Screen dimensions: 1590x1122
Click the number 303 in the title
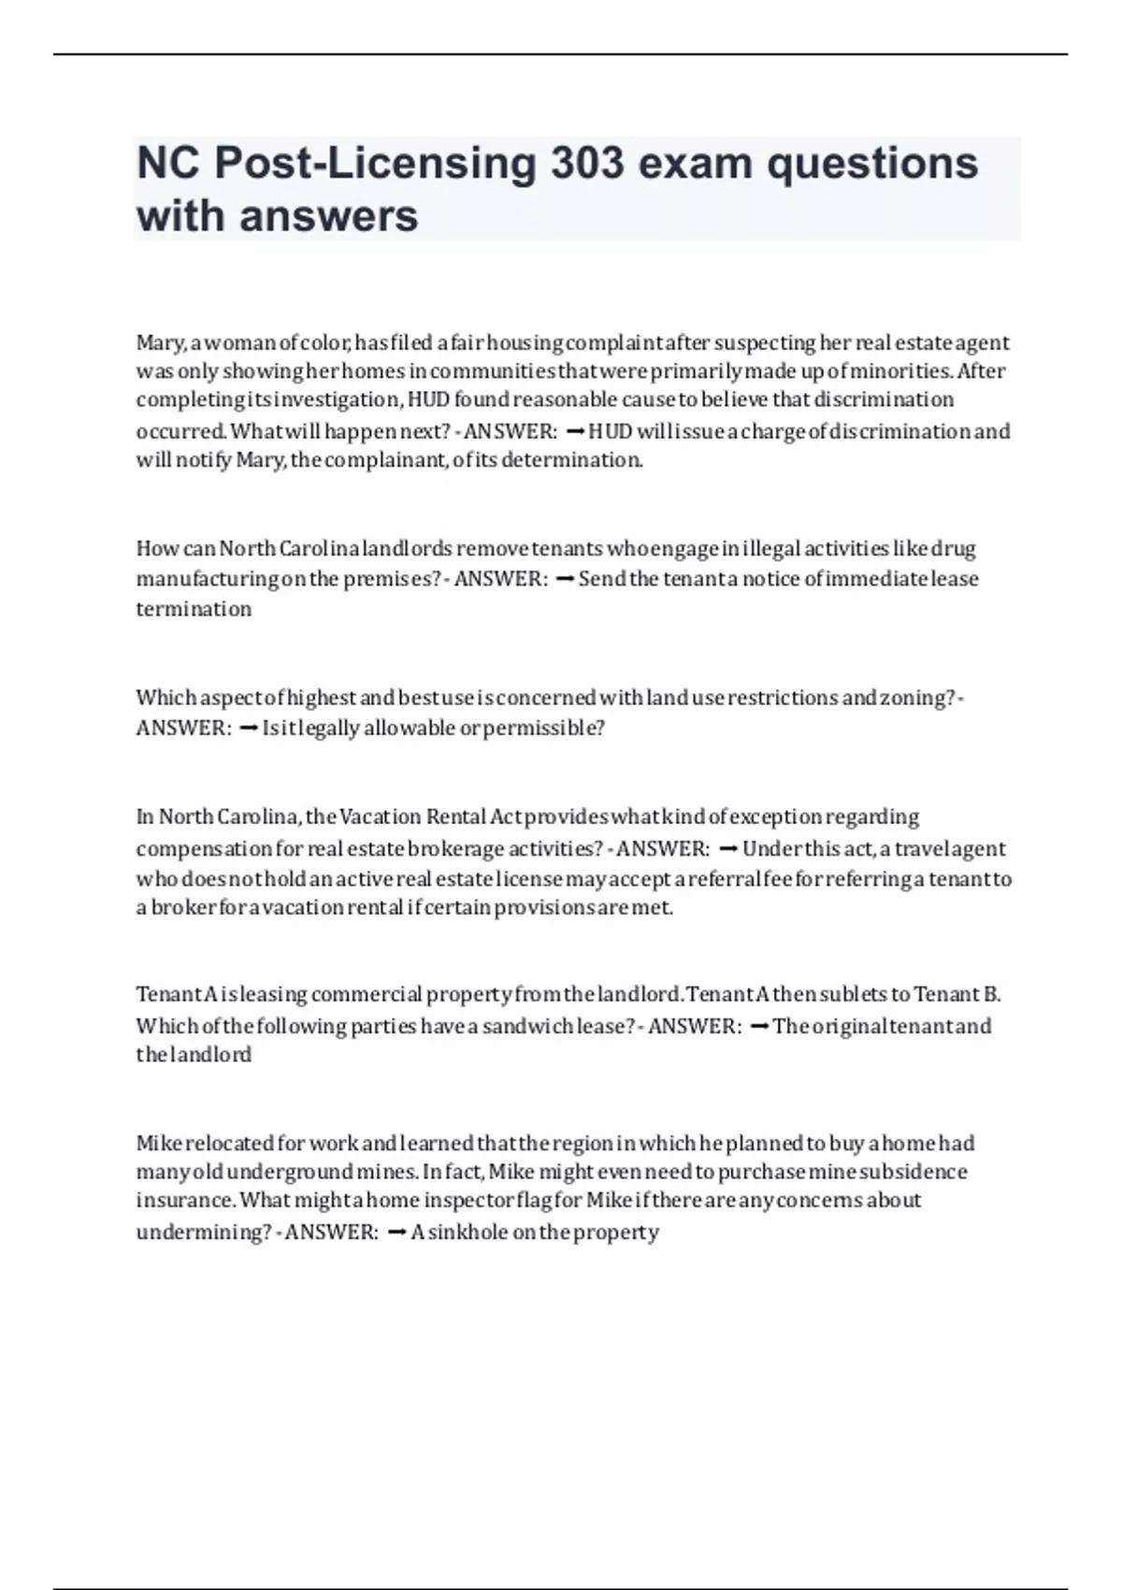click(586, 164)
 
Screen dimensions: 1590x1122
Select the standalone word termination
click(194, 609)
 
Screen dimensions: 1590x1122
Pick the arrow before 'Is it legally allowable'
click(249, 729)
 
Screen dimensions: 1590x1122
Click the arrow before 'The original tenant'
click(759, 1027)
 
